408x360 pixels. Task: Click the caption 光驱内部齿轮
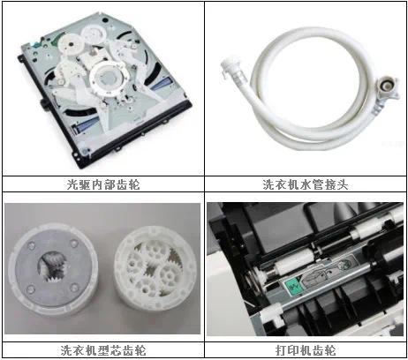pyautogui.click(x=102, y=184)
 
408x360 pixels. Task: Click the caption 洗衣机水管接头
pyautogui.click(x=306, y=184)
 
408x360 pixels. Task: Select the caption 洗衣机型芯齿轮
pyautogui.click(x=102, y=349)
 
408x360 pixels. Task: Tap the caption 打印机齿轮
pyautogui.click(x=306, y=349)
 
